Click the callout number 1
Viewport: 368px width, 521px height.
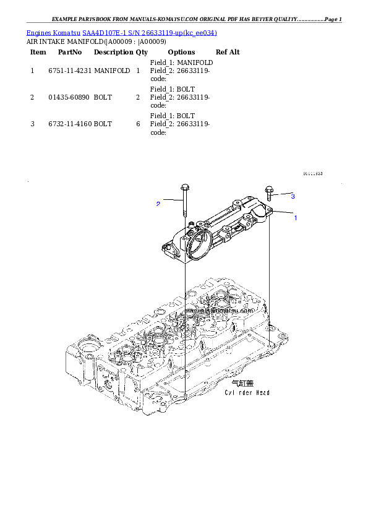click(296, 218)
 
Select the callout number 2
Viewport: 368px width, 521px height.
click(158, 203)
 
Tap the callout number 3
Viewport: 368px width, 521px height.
click(293, 196)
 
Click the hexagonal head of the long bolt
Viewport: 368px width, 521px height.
click(184, 186)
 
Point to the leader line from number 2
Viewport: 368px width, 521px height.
click(172, 201)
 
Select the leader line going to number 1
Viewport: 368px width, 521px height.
click(282, 214)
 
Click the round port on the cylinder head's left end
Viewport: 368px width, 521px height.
click(85, 358)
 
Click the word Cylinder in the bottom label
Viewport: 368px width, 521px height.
click(236, 393)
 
